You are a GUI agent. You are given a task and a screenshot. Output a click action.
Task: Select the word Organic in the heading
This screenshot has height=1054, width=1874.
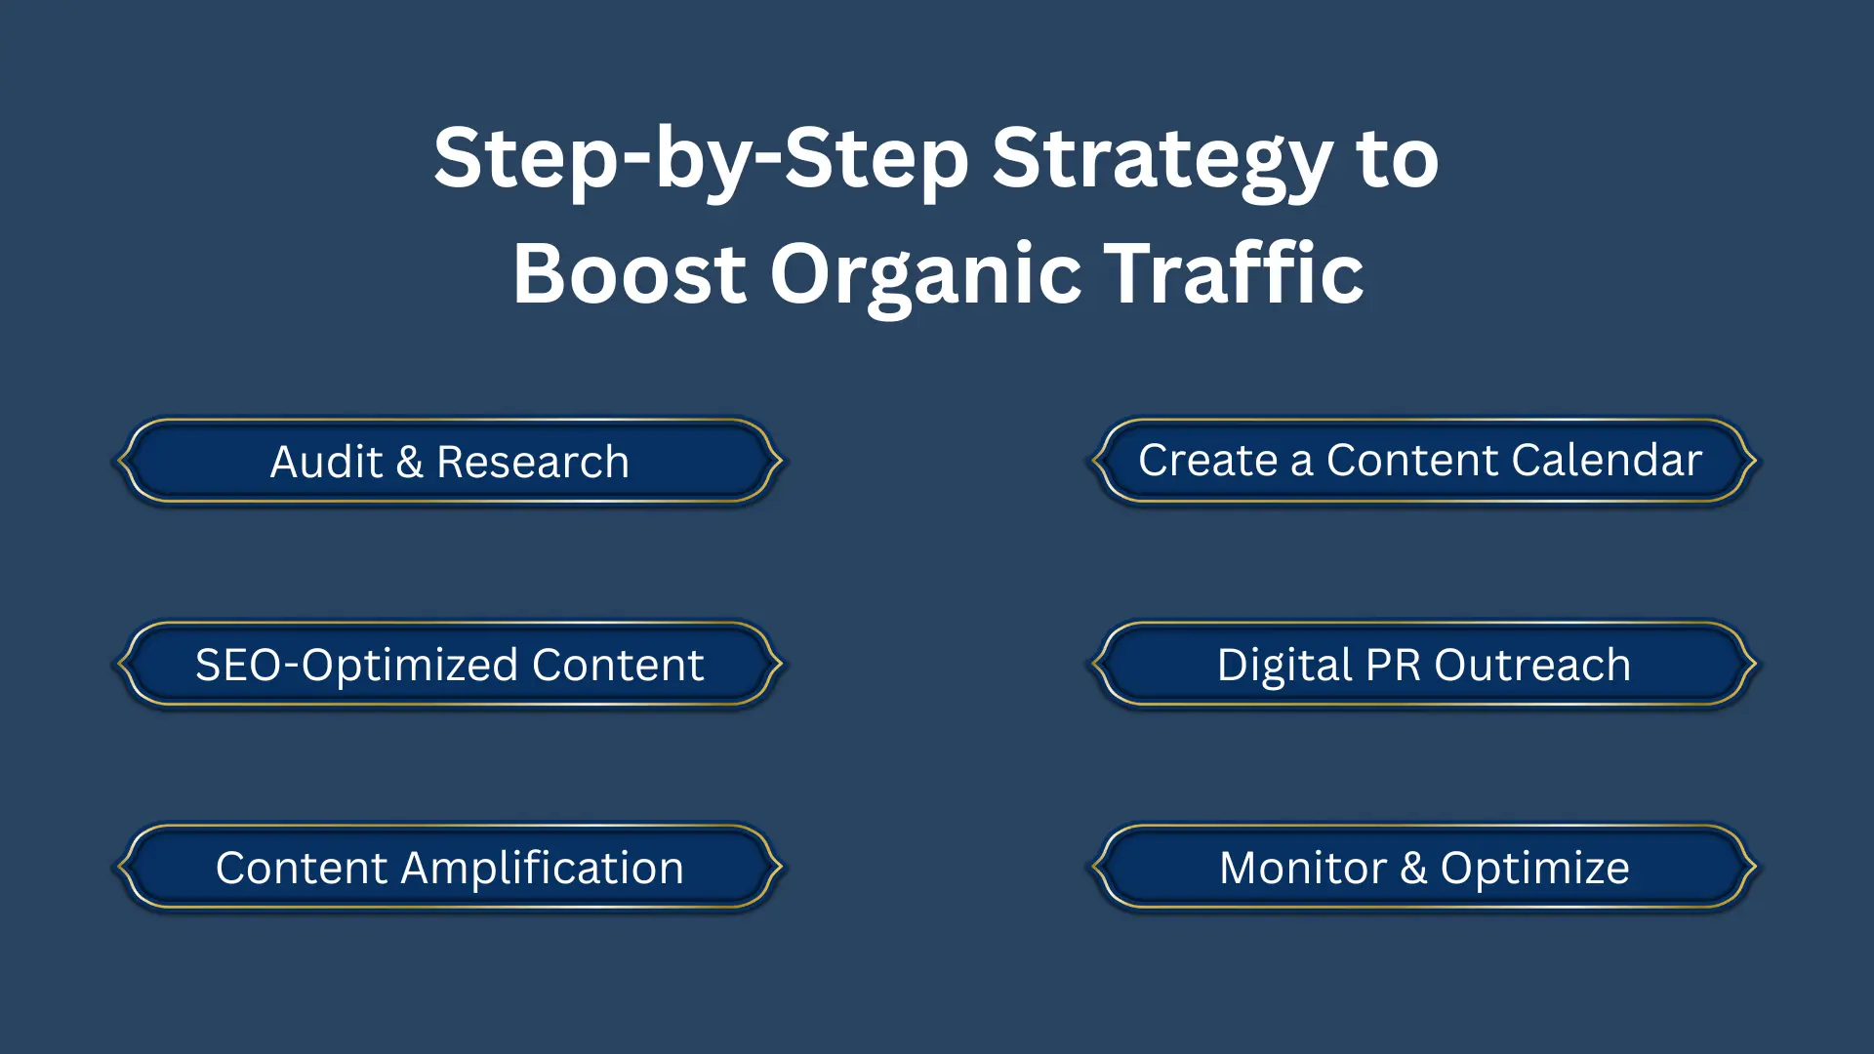click(925, 275)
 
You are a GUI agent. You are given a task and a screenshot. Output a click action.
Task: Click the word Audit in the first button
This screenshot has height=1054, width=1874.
click(326, 462)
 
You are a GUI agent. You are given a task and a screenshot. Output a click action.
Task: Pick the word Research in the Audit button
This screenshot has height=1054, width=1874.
click(533, 462)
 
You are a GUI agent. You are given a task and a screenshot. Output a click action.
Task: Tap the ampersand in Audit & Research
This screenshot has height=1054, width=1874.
click(409, 462)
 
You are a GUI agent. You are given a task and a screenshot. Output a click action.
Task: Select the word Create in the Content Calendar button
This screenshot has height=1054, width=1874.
click(1208, 460)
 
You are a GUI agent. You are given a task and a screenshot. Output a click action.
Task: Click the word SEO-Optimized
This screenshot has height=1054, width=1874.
click(356, 666)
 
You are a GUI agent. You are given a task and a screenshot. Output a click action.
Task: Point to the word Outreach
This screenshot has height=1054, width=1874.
click(1532, 665)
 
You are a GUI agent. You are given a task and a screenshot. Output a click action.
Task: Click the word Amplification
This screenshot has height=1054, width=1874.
click(543, 869)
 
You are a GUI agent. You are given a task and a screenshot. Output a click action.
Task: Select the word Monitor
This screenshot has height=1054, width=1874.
click(1303, 868)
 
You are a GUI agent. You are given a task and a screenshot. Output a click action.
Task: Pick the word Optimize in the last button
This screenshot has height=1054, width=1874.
click(1534, 869)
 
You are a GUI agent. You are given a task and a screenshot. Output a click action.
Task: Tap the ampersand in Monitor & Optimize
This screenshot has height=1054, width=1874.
click(1413, 868)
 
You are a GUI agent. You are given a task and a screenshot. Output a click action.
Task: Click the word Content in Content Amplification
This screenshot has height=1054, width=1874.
click(302, 868)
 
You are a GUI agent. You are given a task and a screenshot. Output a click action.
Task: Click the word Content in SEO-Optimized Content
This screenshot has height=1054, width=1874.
click(618, 665)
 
